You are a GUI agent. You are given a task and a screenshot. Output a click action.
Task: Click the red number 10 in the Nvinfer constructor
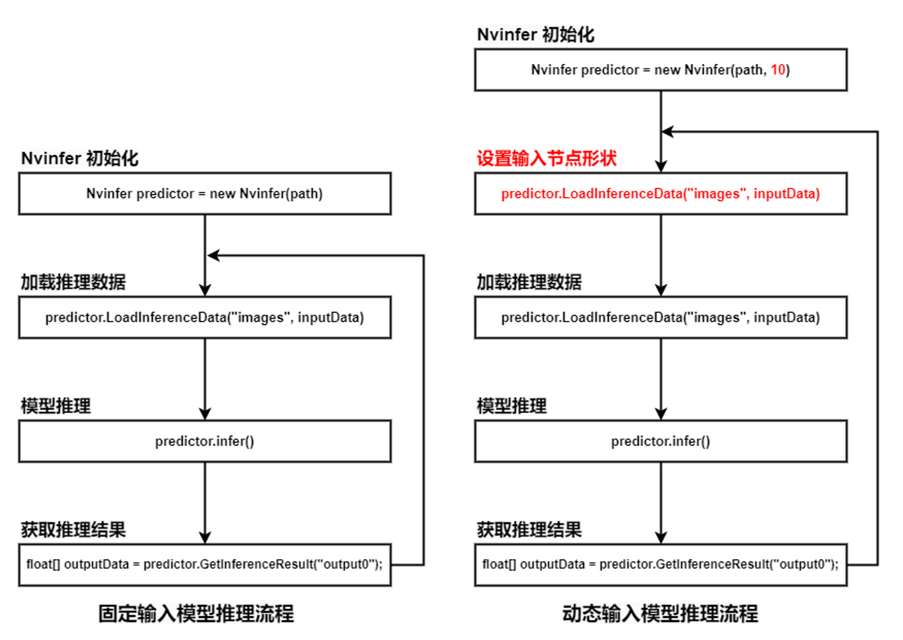tap(778, 70)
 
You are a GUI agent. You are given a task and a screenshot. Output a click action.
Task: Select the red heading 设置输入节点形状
tap(547, 158)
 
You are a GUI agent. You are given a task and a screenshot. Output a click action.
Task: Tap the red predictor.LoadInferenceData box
tap(661, 193)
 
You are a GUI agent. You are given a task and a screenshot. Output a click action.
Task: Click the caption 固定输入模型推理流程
tap(196, 614)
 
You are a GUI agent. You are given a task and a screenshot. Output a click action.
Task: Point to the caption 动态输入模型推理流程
tap(660, 614)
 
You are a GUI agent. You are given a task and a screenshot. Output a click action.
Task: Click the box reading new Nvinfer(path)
tap(205, 193)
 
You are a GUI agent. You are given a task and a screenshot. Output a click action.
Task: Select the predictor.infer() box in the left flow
tap(205, 441)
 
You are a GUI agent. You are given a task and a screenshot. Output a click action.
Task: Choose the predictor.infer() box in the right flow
tap(661, 441)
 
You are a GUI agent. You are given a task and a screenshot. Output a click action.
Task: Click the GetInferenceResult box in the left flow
tap(205, 565)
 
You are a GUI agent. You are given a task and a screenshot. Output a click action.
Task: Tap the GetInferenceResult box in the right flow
tap(661, 565)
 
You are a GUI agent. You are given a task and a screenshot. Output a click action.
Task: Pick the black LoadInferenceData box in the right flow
tap(661, 317)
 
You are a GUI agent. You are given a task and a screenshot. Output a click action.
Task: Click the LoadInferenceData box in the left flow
tap(205, 317)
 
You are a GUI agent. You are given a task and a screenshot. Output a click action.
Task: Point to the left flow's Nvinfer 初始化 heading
tap(80, 158)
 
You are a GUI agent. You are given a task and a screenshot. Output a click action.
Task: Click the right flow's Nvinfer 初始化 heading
tap(536, 34)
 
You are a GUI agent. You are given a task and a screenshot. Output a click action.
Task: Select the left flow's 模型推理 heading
tap(56, 406)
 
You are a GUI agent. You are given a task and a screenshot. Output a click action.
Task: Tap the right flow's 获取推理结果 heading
tap(529, 529)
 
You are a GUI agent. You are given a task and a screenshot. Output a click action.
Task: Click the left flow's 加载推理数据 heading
tap(73, 282)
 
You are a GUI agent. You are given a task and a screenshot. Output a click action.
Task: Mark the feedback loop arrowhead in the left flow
tap(213, 255)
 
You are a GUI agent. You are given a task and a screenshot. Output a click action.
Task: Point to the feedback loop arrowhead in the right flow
tap(669, 132)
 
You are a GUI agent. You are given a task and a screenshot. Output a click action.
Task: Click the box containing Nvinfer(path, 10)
tap(661, 70)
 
